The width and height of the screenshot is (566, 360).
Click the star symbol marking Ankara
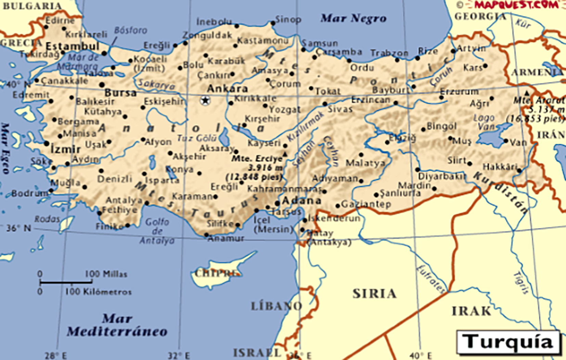click(x=205, y=101)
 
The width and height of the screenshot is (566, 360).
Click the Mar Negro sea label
click(x=353, y=18)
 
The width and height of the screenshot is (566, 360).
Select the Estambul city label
click(x=73, y=46)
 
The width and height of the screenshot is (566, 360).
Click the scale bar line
click(x=66, y=282)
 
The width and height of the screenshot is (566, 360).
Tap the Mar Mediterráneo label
click(x=117, y=325)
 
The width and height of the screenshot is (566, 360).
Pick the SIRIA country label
click(x=374, y=294)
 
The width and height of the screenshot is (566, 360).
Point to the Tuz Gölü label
click(x=197, y=138)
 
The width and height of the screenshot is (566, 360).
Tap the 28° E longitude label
click(x=56, y=356)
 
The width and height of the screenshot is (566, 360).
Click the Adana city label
click(x=301, y=200)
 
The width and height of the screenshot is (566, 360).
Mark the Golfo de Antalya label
click(x=157, y=231)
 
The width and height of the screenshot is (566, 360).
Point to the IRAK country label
click(x=471, y=311)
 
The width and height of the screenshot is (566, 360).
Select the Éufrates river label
click(x=432, y=279)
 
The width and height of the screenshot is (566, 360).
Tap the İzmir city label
click(x=65, y=149)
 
